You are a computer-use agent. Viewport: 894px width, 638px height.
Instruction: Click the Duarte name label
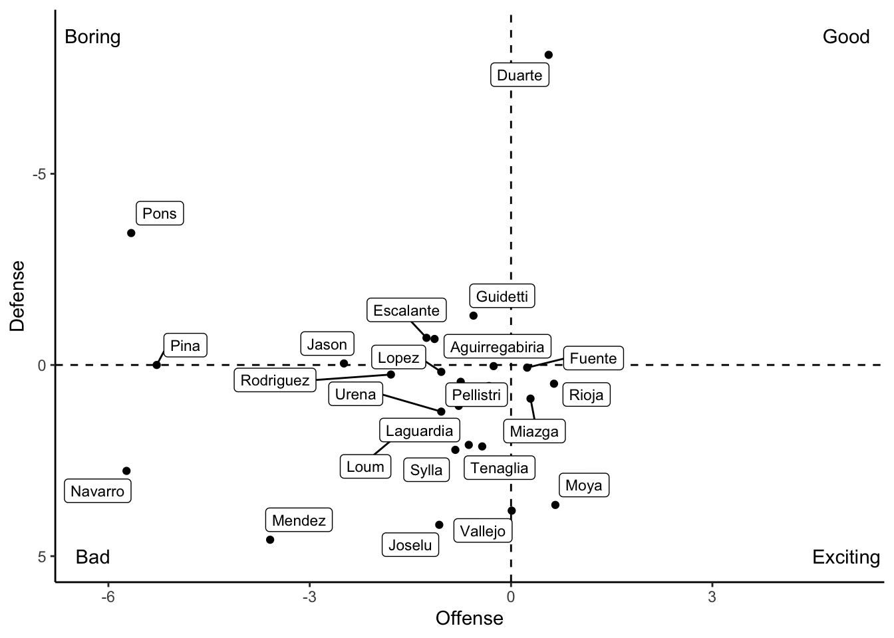pyautogui.click(x=520, y=75)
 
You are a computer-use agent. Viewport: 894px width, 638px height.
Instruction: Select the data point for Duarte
pyautogui.click(x=549, y=55)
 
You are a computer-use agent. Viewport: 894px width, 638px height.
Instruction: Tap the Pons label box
pyautogui.click(x=160, y=213)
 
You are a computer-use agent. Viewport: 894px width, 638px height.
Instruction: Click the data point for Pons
pyautogui.click(x=131, y=233)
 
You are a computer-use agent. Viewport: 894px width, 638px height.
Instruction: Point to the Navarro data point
pyautogui.click(x=126, y=471)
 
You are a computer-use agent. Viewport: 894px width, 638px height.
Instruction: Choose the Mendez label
pyautogui.click(x=299, y=520)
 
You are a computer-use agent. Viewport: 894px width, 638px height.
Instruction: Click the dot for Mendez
pyautogui.click(x=270, y=540)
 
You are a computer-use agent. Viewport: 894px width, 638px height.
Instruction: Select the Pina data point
pyautogui.click(x=156, y=365)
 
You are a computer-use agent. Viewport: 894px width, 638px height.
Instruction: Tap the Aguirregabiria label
pyautogui.click(x=497, y=347)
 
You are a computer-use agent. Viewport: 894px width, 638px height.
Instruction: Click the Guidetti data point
pyautogui.click(x=473, y=316)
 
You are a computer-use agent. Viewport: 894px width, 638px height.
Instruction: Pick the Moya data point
pyautogui.click(x=555, y=505)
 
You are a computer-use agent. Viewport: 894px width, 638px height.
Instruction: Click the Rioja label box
pyautogui.click(x=586, y=395)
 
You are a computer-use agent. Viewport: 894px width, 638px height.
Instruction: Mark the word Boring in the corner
pyautogui.click(x=92, y=37)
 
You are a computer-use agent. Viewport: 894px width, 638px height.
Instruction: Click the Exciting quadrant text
pyautogui.click(x=845, y=557)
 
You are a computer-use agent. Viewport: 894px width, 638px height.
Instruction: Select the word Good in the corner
pyautogui.click(x=845, y=37)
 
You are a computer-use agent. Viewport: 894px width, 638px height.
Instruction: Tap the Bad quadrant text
pyautogui.click(x=92, y=557)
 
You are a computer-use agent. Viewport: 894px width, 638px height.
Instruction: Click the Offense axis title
pyautogui.click(x=469, y=619)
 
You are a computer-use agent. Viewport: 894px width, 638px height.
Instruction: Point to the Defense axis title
pyautogui.click(x=17, y=295)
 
